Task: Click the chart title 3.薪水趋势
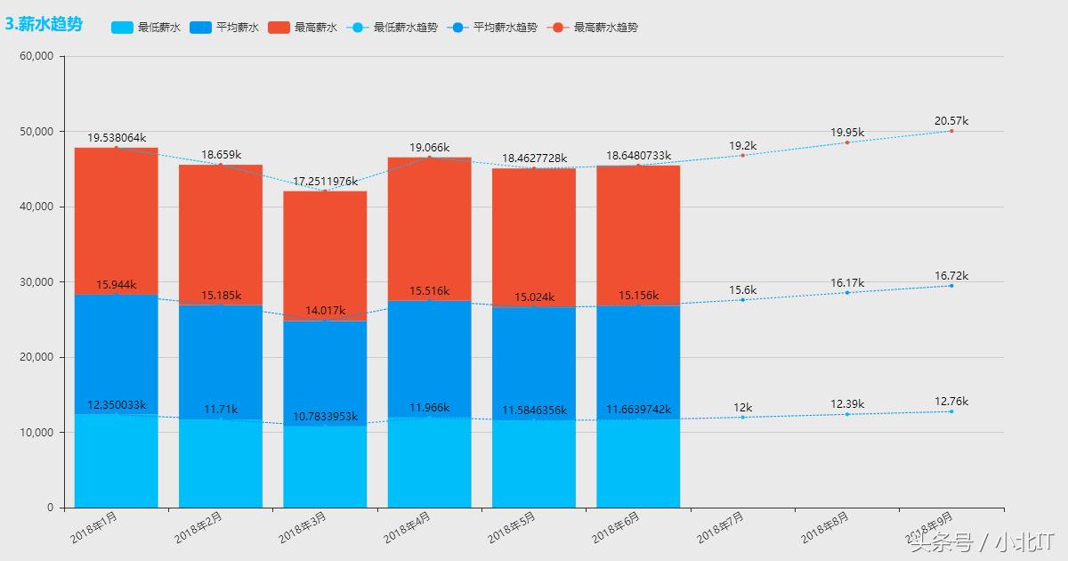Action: pos(44,25)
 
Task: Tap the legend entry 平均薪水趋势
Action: pos(494,28)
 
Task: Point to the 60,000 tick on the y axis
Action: pos(36,56)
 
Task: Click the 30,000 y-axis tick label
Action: pos(36,282)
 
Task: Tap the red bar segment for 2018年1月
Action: pos(116,221)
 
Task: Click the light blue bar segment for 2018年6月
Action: pos(638,463)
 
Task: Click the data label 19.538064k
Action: pos(116,138)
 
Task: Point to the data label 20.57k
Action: pos(951,121)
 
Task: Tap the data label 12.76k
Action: pos(951,402)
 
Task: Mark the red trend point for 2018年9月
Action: pos(951,131)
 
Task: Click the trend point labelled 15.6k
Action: pos(742,299)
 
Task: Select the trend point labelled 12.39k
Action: pos(846,414)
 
